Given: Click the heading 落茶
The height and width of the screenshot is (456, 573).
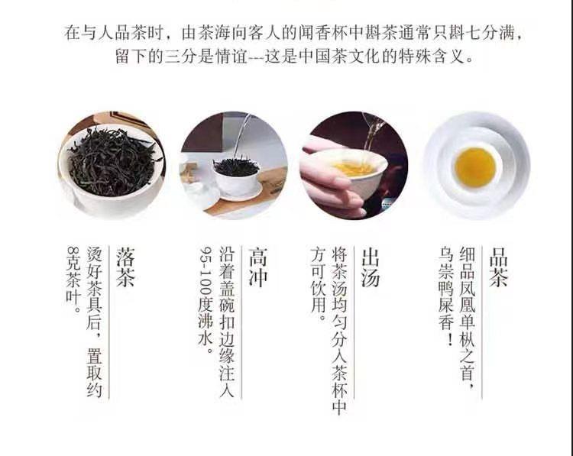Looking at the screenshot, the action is coord(125,267).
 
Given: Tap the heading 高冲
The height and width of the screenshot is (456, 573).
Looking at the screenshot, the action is coord(258,267).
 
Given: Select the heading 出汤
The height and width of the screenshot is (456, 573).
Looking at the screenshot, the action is coord(371,267).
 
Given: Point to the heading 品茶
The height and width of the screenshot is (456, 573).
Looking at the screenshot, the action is coord(499,267).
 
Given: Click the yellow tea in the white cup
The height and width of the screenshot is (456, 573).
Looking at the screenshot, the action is coord(474,167).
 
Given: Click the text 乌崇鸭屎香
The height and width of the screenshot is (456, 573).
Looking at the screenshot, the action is coord(446,296).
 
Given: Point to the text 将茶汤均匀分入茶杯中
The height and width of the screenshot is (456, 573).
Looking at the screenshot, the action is coord(339,331).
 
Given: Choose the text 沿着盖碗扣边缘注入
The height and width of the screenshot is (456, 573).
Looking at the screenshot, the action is coord(227,322).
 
